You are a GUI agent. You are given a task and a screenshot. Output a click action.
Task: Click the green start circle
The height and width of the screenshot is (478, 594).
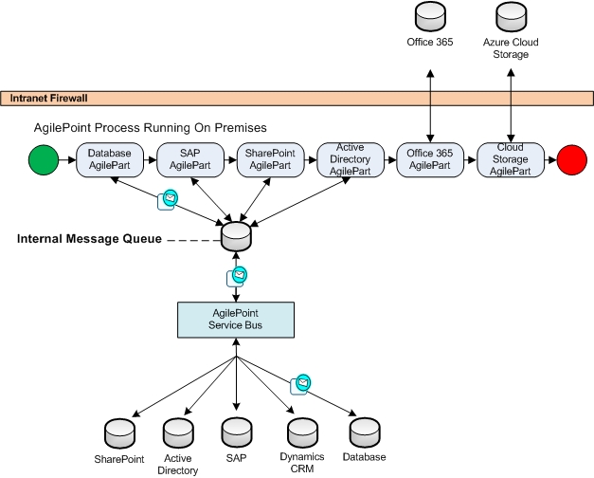click(44, 160)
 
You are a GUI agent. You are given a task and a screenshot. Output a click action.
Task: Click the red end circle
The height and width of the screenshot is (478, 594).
click(573, 160)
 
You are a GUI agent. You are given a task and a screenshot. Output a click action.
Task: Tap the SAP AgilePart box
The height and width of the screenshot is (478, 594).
click(189, 159)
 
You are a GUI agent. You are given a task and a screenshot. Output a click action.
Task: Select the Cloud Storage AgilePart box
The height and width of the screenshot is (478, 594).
click(511, 159)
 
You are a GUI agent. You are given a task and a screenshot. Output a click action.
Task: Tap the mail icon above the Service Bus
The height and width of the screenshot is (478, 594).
click(238, 276)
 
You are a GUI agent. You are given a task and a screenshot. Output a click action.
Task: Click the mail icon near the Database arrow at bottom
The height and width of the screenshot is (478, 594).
click(302, 383)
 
